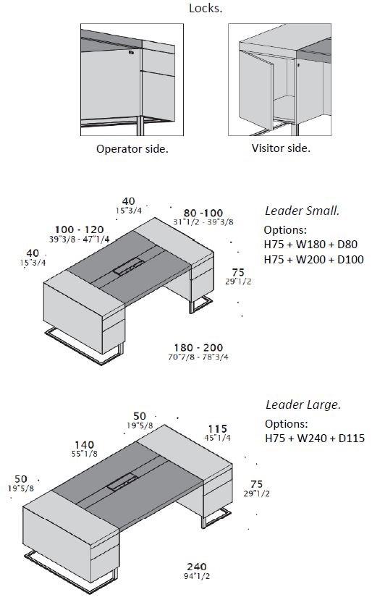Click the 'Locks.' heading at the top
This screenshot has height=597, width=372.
[206, 8]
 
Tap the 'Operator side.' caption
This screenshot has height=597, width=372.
[132, 148]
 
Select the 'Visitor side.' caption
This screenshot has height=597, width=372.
[281, 148]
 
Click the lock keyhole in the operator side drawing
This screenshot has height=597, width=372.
[131, 53]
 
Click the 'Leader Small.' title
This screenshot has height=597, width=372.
[303, 211]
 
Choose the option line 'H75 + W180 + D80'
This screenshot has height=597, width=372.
[310, 244]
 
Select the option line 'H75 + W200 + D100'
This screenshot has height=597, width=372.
[314, 259]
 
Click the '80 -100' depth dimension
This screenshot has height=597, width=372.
[203, 213]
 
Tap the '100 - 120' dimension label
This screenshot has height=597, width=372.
[79, 229]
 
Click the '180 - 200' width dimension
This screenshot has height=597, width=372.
[198, 347]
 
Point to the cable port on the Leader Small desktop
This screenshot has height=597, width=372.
[128, 266]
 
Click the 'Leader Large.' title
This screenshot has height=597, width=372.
[303, 405]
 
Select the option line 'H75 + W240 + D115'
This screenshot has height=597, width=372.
[315, 438]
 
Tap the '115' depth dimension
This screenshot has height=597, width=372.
[217, 429]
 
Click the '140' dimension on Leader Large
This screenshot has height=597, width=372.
[84, 445]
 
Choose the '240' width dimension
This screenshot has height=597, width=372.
[197, 567]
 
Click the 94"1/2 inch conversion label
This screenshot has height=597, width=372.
[197, 576]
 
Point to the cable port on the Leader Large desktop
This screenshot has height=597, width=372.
[122, 481]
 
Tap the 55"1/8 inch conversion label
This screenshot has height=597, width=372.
[84, 454]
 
